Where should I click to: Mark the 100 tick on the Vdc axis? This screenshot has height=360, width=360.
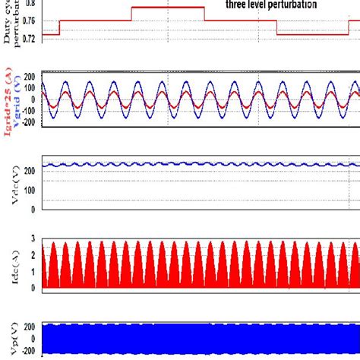pyautogui.click(x=31, y=189)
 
